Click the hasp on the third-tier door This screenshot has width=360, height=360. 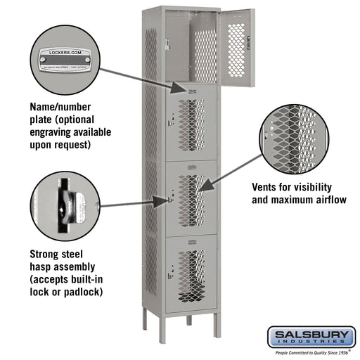(x=171, y=199)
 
